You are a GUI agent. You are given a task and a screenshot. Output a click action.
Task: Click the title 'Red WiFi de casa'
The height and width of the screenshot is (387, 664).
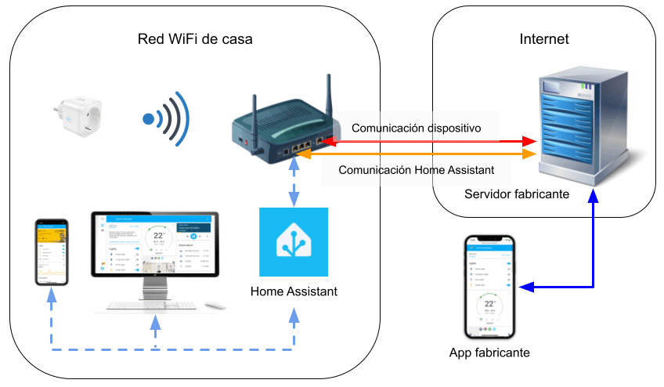coord(195,39)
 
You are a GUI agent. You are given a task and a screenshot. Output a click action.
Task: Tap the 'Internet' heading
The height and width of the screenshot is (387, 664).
coord(544,39)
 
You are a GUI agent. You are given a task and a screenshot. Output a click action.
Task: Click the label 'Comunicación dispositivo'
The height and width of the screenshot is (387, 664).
coord(416,127)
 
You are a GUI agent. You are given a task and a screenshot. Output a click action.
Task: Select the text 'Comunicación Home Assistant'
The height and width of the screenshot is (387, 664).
coord(417,170)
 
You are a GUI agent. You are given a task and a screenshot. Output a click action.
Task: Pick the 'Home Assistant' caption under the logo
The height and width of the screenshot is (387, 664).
coord(294,291)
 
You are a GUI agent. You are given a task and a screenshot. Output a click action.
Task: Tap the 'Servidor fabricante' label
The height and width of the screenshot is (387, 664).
coord(516,193)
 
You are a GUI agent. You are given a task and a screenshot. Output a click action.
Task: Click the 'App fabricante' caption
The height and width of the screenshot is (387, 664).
coord(489,353)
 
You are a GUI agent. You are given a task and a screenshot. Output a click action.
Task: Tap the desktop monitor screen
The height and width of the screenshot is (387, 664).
coord(153,244)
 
